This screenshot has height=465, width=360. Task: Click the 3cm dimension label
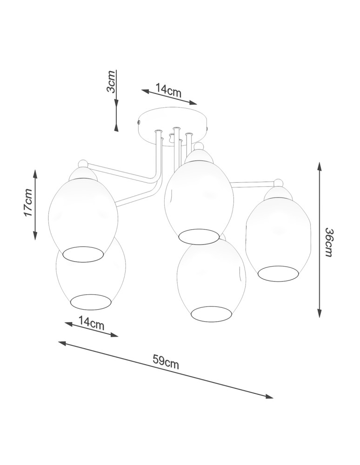(111, 82)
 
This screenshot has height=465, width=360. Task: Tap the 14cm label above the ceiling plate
(168, 90)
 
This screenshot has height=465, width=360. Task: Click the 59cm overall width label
(166, 361)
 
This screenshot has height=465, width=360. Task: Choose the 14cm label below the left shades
(92, 323)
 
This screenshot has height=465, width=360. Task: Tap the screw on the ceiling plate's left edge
(139, 122)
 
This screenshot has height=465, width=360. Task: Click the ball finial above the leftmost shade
(83, 163)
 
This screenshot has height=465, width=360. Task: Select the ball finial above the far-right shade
(279, 182)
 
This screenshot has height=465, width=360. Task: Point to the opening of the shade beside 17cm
(83, 254)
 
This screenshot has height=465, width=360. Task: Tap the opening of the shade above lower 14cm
(91, 301)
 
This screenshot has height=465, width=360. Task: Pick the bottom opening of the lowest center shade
(212, 313)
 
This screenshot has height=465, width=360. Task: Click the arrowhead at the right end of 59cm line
(269, 397)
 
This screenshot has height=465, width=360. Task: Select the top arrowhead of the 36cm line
(320, 166)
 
